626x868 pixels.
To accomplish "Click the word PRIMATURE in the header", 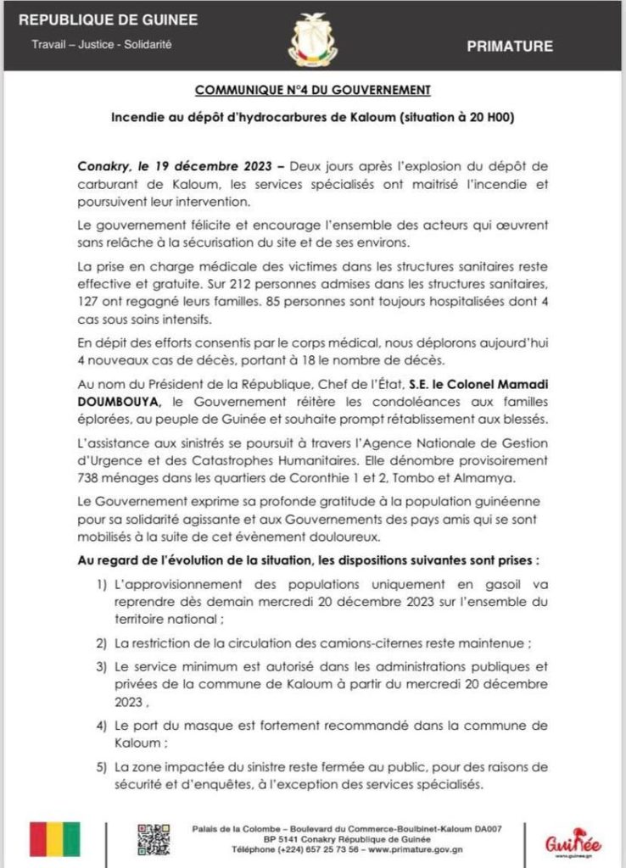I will (x=510, y=47).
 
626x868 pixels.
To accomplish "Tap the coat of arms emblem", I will (x=313, y=38).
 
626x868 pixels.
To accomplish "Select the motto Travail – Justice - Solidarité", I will (x=102, y=43).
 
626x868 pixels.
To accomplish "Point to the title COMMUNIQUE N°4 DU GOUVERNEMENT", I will (x=313, y=89).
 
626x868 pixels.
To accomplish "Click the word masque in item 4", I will (x=234, y=726).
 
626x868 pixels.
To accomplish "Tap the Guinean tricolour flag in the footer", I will (x=54, y=839).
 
